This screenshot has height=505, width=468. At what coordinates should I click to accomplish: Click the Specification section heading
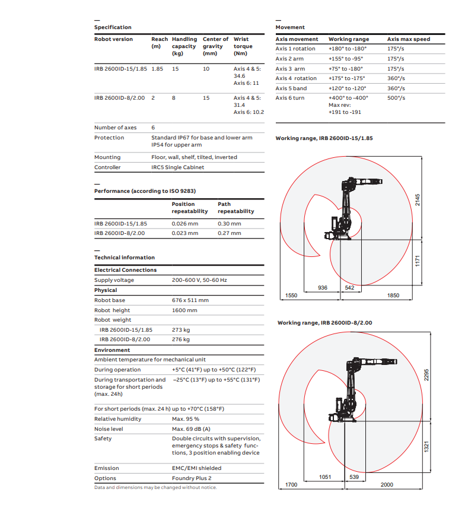(x=113, y=27)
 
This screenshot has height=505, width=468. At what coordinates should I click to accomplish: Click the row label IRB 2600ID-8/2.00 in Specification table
(x=119, y=98)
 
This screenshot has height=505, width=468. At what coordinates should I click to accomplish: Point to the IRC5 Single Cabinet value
(x=177, y=167)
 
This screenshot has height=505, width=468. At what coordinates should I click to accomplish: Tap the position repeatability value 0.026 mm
(x=184, y=224)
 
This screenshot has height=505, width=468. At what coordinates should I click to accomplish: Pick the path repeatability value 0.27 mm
(x=229, y=233)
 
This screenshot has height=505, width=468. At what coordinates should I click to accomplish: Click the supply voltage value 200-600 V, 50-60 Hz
(x=199, y=280)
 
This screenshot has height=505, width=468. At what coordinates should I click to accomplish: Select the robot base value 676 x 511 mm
(x=190, y=300)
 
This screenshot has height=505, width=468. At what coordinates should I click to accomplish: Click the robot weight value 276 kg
(x=180, y=339)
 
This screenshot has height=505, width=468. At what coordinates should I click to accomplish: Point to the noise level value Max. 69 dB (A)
(x=191, y=429)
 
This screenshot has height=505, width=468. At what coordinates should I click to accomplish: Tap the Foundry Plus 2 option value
(x=192, y=478)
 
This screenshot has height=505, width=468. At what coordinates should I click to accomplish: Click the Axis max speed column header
(x=409, y=39)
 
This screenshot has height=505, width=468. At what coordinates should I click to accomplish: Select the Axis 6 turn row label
(x=290, y=98)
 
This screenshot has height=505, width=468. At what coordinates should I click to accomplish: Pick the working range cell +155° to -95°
(x=345, y=59)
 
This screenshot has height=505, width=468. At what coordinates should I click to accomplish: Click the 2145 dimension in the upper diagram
(x=417, y=200)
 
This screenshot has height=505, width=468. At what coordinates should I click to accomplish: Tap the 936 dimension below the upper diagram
(x=323, y=287)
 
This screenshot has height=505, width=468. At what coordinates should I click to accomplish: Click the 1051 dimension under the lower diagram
(x=324, y=477)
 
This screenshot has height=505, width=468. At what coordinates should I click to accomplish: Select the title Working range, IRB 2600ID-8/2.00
(x=324, y=323)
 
